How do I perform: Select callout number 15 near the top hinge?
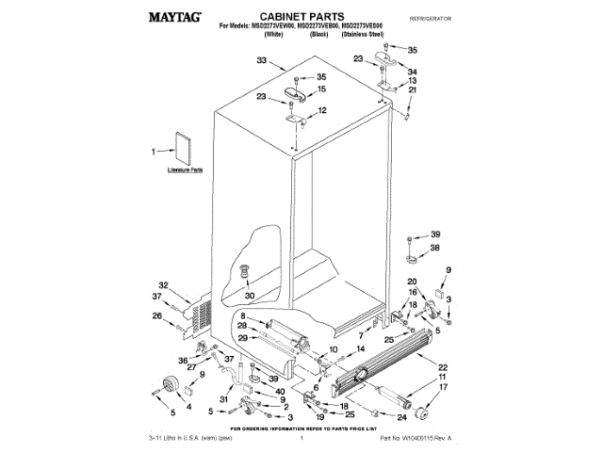click(321, 89)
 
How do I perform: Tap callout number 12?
click(321, 110)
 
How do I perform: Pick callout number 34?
click(412, 71)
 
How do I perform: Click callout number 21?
click(412, 90)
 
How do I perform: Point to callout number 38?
click(435, 249)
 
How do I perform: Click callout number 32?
click(162, 284)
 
